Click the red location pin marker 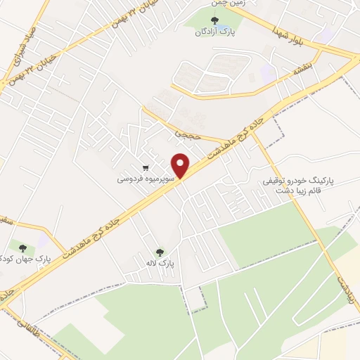point(182,165)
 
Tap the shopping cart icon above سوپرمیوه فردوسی point(145,168)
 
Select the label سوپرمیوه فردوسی point(146,179)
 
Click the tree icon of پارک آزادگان point(214,20)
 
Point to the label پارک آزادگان point(214,32)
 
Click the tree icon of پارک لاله point(161,251)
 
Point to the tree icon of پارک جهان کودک point(22,247)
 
